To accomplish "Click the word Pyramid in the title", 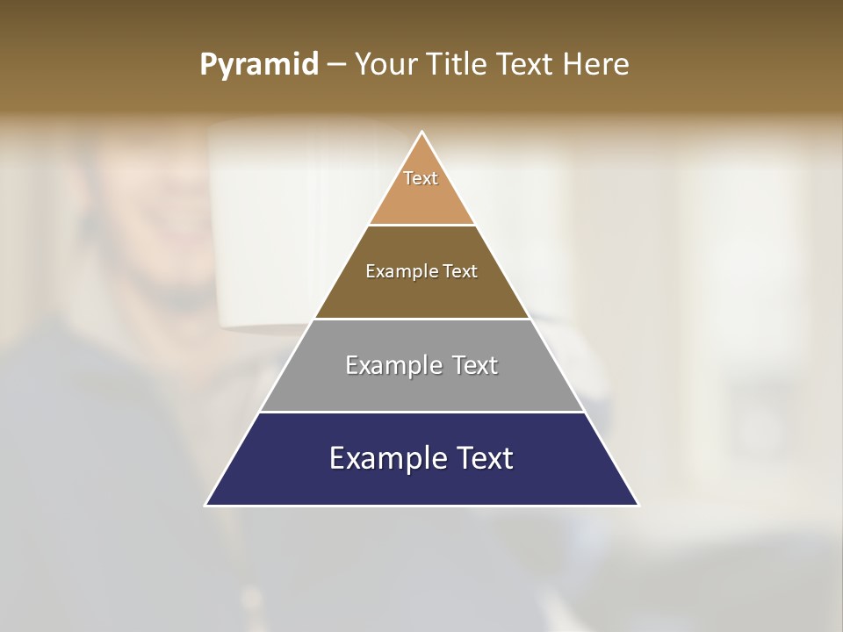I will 258,65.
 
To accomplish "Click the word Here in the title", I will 595,64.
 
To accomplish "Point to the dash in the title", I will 336,65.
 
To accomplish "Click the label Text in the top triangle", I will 421,178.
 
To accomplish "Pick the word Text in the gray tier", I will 476,365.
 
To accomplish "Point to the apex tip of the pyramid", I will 422,133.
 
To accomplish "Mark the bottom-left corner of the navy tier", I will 206,505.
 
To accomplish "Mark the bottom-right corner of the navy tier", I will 638,505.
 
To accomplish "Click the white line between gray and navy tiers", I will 422,412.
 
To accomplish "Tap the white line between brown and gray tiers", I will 422,319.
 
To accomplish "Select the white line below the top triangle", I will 422,226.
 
